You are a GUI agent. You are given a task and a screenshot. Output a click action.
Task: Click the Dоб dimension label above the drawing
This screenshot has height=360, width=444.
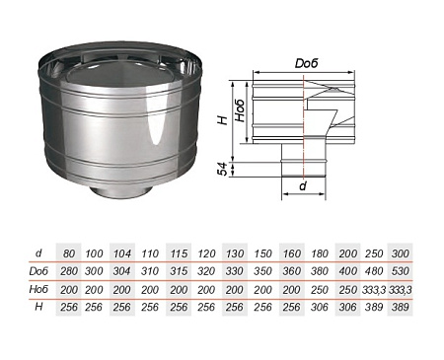(306, 63)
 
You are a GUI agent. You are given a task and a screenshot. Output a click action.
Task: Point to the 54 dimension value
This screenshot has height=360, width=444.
(223, 169)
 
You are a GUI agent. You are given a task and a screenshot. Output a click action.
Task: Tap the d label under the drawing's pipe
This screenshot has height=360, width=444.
(303, 186)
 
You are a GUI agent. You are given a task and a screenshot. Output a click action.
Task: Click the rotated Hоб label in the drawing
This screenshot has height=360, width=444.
(241, 110)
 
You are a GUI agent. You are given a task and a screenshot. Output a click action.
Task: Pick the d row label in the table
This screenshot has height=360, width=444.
(38, 252)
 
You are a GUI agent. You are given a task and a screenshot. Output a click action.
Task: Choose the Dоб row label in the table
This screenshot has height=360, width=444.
(38, 271)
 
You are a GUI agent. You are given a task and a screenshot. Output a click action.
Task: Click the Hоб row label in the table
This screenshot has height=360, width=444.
(38, 289)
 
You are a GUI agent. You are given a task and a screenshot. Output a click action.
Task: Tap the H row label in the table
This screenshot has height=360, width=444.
(38, 307)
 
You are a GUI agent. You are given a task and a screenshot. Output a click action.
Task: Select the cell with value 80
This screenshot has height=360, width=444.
(69, 253)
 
